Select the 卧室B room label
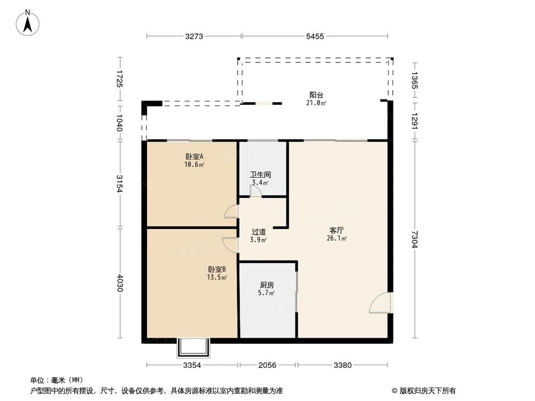(217, 269)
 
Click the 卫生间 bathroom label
(260, 175)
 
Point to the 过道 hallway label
(259, 232)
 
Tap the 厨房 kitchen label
(267, 285)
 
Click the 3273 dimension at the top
(194, 36)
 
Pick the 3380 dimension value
(342, 365)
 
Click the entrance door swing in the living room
(380, 304)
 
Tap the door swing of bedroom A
(232, 212)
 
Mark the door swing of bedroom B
(231, 244)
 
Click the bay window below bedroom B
(194, 348)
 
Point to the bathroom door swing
(256, 192)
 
